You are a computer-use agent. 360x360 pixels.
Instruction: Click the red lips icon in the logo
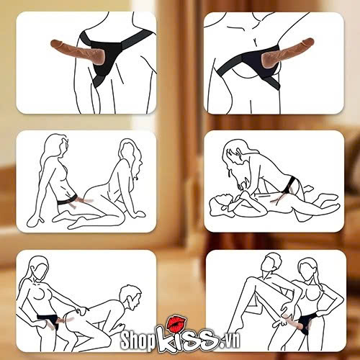(177, 323)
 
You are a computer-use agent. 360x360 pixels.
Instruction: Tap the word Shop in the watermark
(138, 340)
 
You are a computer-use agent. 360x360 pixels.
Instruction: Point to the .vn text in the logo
(228, 341)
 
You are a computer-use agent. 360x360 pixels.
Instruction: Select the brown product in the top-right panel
(287, 52)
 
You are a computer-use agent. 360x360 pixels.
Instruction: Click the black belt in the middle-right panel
(290, 184)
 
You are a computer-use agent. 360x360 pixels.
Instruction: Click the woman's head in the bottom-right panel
(308, 269)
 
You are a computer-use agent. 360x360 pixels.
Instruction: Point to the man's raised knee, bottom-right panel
(250, 279)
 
